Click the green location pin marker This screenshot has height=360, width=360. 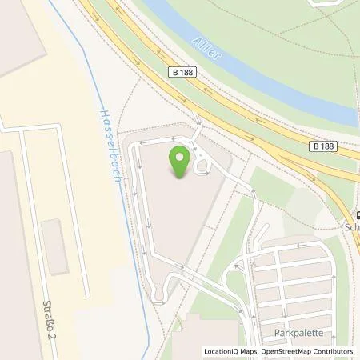tap(181, 158)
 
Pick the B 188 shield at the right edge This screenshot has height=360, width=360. tap(323, 146)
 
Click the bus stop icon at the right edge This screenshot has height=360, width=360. tap(356, 214)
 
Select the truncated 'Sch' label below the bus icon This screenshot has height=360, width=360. tap(351, 226)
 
